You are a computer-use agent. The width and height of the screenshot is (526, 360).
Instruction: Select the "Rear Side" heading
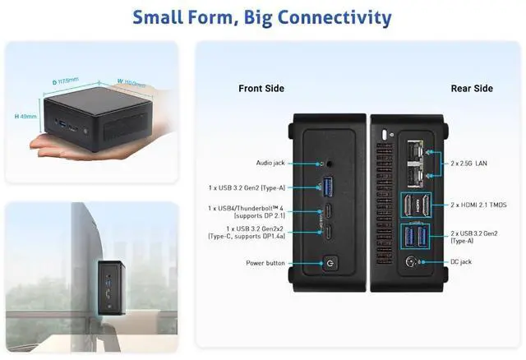click(472, 88)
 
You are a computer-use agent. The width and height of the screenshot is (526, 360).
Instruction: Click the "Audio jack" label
click(271, 163)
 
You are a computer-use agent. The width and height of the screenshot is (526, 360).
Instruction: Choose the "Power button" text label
click(265, 264)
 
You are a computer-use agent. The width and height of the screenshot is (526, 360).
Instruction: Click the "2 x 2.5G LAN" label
click(469, 164)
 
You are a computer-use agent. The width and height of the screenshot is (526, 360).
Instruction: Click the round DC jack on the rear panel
click(411, 262)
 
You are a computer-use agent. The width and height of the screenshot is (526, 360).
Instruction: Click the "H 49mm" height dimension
click(25, 117)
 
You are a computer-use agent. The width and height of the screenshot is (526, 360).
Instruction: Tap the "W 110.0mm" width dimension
click(132, 82)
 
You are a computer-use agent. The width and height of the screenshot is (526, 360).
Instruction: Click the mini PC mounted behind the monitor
click(111, 284)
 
